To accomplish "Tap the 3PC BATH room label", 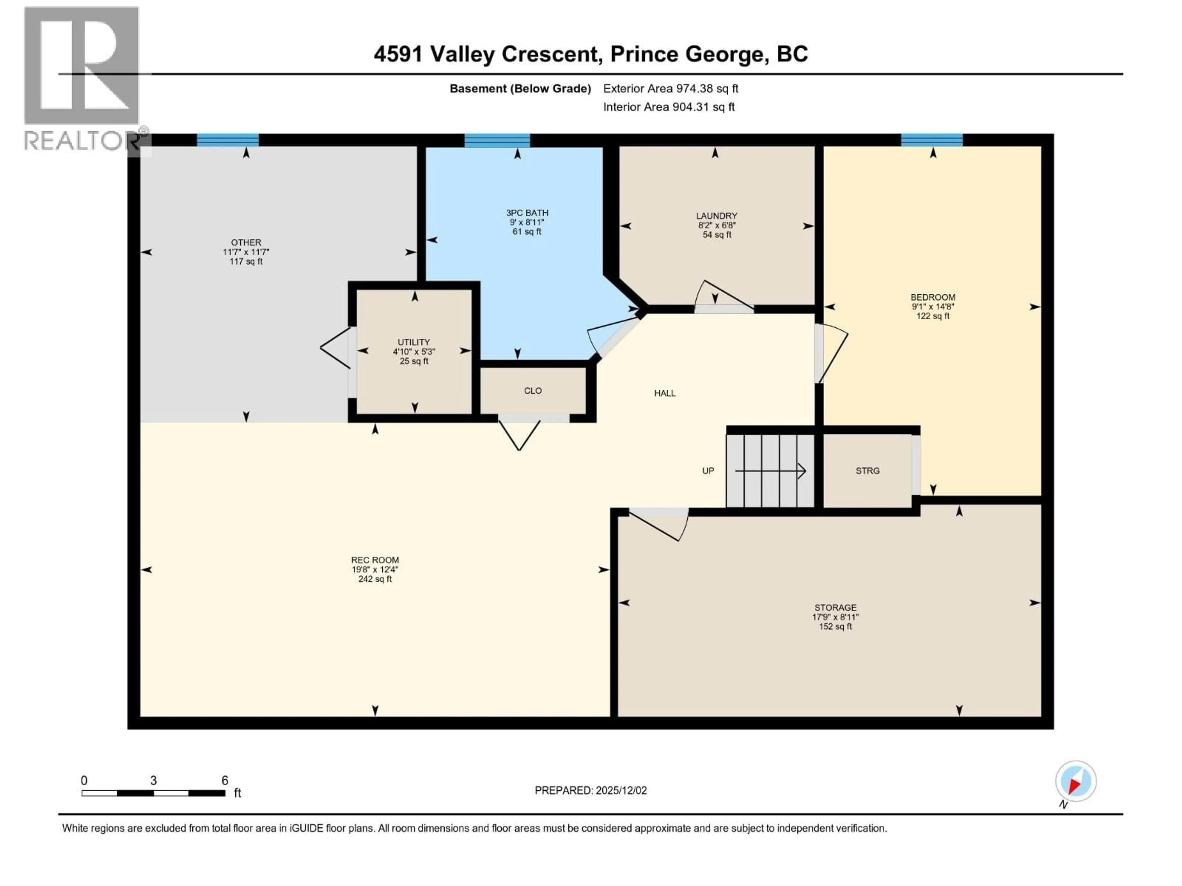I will tap(527, 213).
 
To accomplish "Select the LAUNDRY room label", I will tap(717, 216).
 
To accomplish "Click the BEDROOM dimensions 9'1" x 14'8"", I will tap(933, 306).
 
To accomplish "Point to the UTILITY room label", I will tap(414, 342).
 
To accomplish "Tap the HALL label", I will tap(665, 393).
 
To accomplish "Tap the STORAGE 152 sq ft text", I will tap(835, 626).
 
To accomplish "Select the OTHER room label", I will tap(246, 242).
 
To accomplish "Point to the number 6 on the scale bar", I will tap(225, 780).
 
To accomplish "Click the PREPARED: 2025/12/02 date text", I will tap(590, 790).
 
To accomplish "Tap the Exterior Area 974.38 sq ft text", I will tap(671, 89).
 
